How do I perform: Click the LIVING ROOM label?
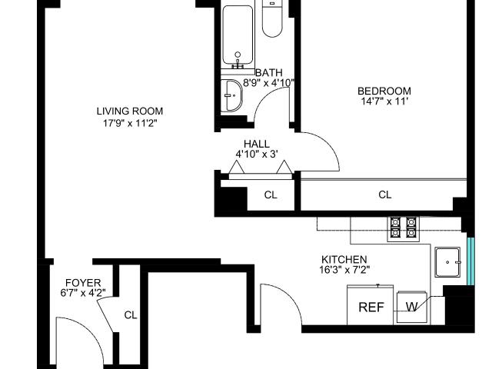tap(130, 111)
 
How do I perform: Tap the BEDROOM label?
tap(384, 91)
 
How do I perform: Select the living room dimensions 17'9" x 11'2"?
tap(130, 123)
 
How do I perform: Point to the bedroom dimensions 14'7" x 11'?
tap(384, 101)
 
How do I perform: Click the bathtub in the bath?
tap(238, 36)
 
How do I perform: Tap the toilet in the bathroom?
tap(272, 18)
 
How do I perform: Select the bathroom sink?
tap(231, 95)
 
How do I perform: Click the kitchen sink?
tap(447, 262)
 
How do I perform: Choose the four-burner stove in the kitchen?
tap(403, 228)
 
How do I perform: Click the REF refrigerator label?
tap(371, 307)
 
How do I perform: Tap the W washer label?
tap(411, 307)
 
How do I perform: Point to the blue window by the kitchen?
tap(470, 261)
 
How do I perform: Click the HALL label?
tap(257, 144)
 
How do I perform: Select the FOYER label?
tap(83, 283)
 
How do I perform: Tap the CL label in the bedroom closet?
tap(385, 194)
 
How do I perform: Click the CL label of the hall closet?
tap(271, 195)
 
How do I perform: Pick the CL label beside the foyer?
tap(131, 315)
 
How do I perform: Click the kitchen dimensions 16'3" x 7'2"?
tap(344, 270)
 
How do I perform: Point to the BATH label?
tap(269, 73)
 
